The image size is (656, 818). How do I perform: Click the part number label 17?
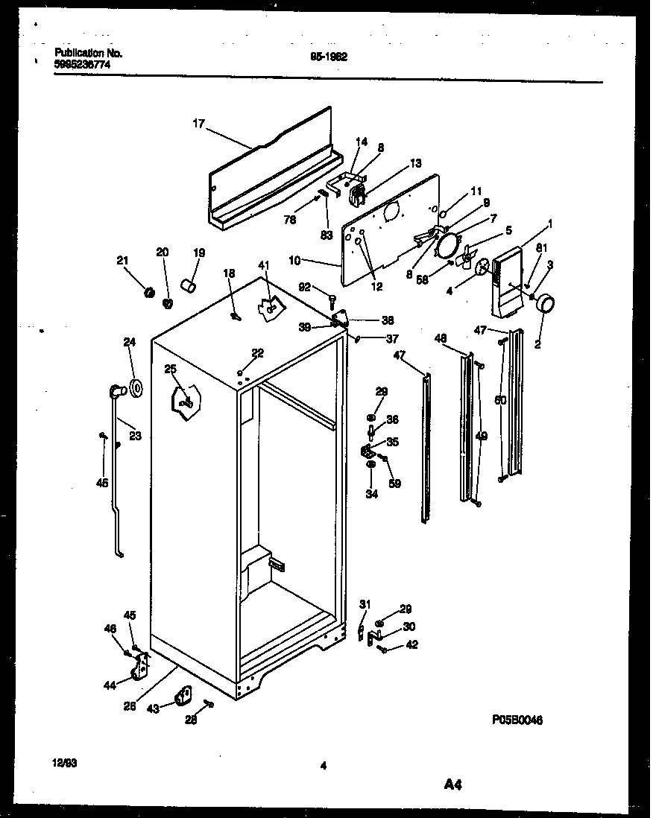(x=199, y=126)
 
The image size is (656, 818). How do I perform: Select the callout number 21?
(x=122, y=260)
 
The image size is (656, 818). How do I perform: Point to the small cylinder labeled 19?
(x=190, y=285)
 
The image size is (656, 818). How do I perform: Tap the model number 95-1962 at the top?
(x=328, y=55)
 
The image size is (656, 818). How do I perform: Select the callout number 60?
(x=501, y=401)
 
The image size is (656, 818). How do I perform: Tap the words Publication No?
(x=89, y=53)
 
